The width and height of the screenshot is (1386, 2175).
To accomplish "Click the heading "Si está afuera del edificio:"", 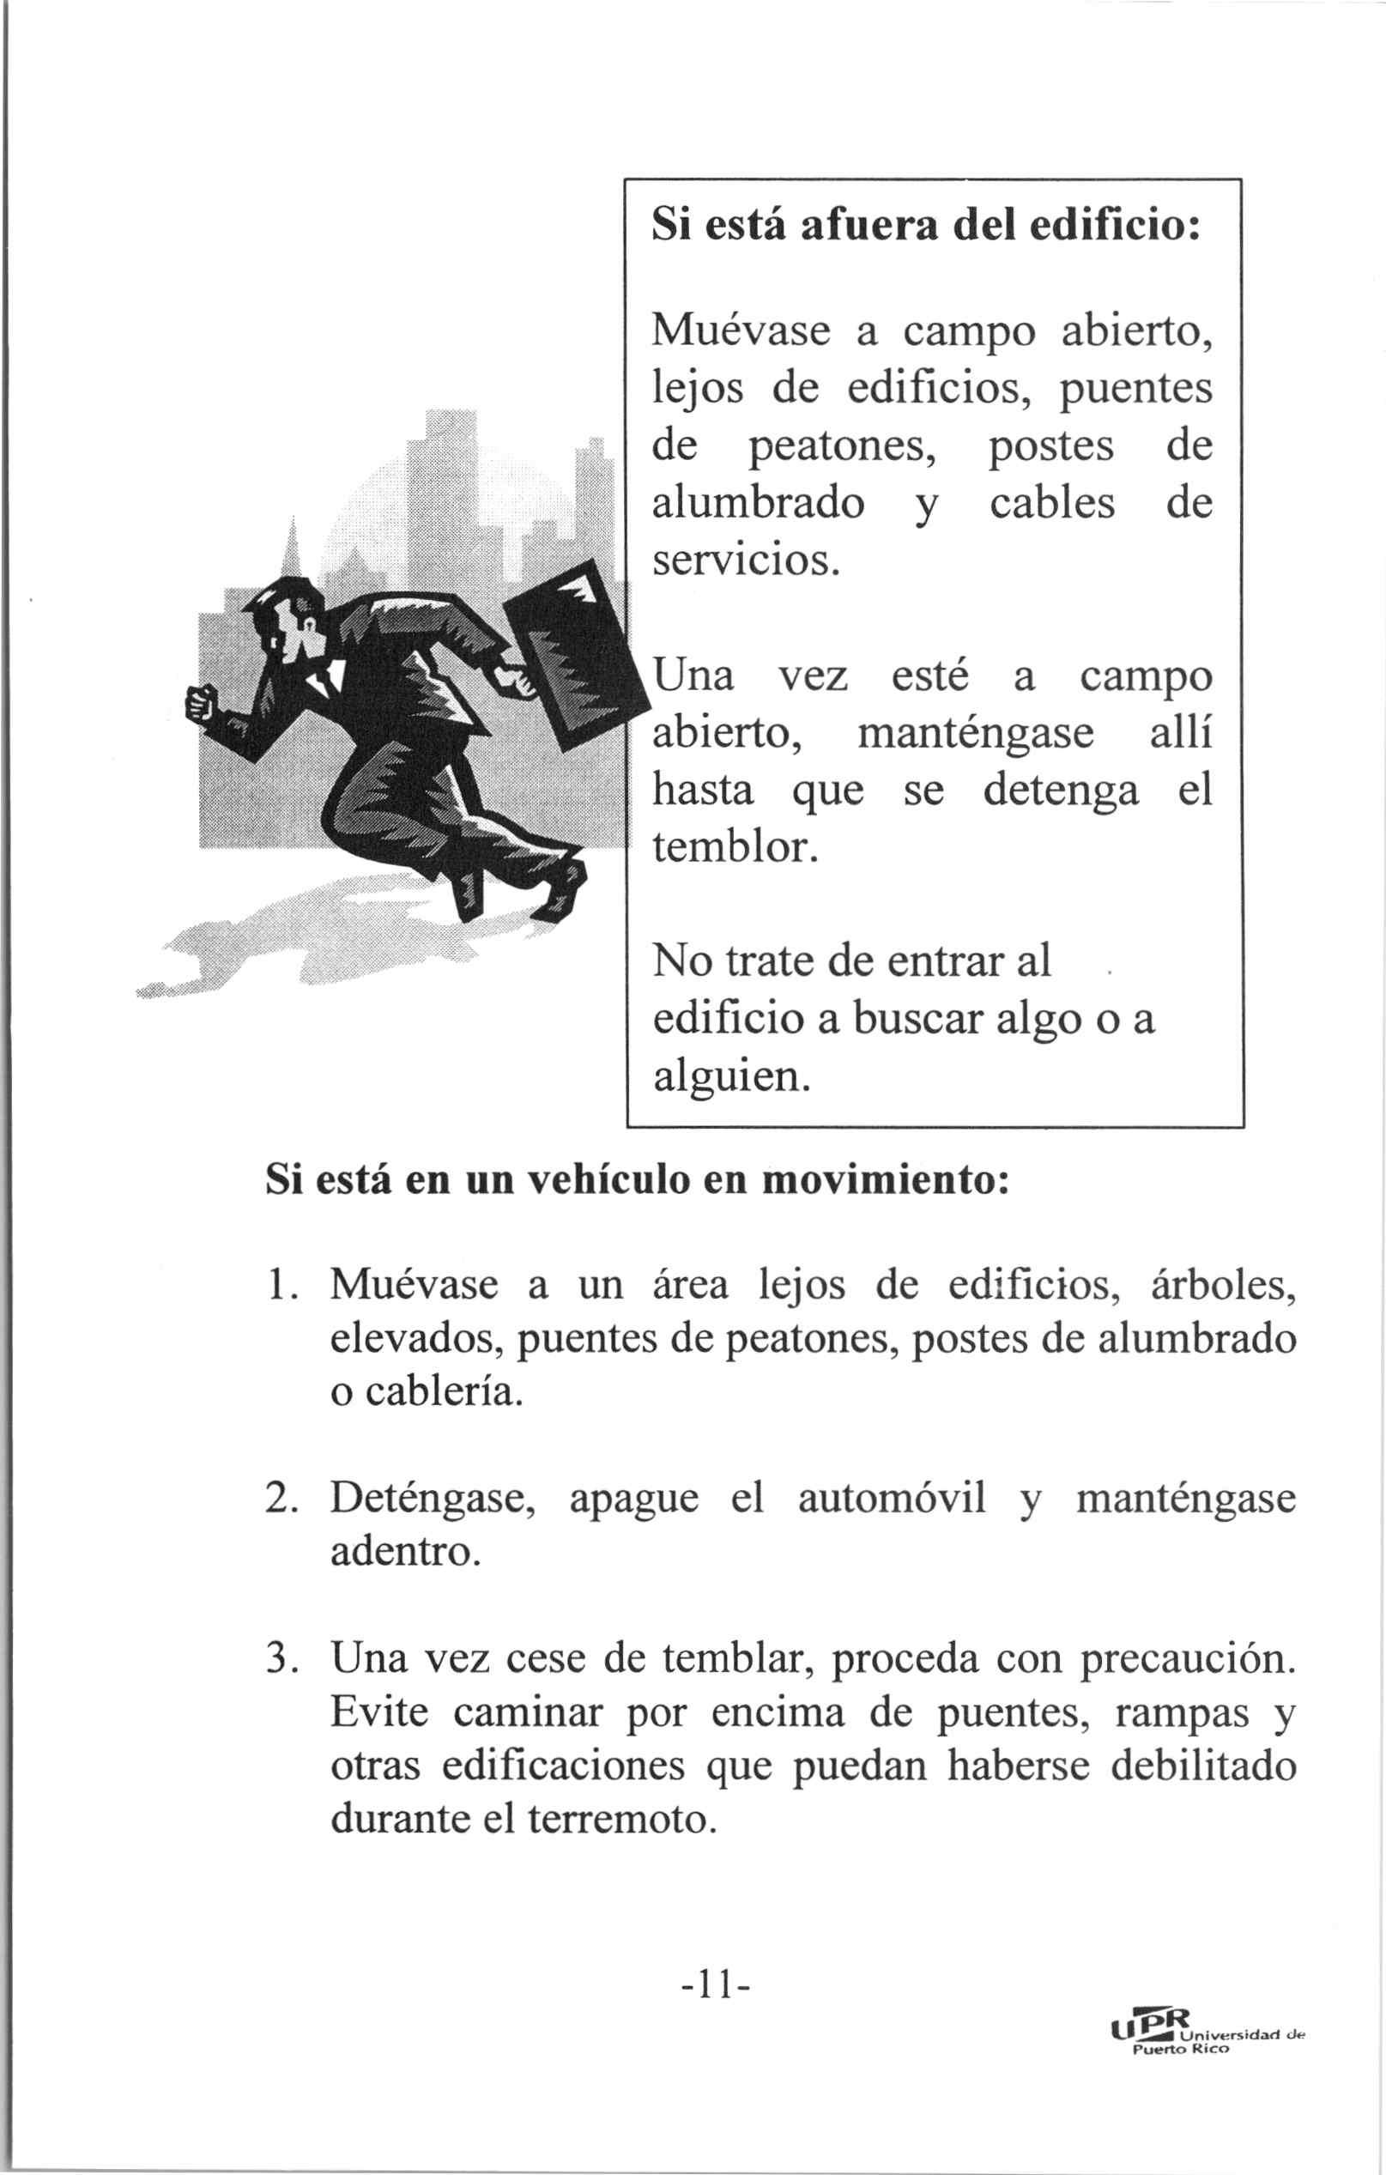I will click(925, 225).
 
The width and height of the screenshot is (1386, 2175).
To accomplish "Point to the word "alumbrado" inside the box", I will click(758, 503).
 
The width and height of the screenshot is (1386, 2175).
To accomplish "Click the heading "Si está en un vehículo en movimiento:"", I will click(637, 1181).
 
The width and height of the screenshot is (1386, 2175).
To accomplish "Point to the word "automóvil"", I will click(892, 1499).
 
